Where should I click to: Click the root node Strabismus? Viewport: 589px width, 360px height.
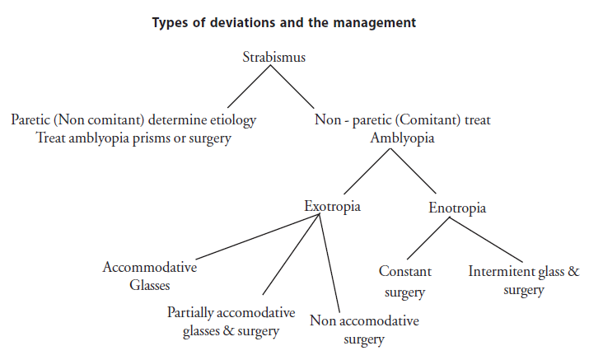click(273, 57)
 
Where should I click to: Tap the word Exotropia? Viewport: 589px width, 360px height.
click(332, 206)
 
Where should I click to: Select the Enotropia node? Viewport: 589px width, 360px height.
click(457, 208)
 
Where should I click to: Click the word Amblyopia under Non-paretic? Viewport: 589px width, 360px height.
click(402, 138)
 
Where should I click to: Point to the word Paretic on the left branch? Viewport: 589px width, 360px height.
click(30, 119)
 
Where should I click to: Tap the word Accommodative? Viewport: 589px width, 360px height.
click(149, 267)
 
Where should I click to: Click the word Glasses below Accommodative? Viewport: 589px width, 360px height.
click(149, 285)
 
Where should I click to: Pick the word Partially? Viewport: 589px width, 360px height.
click(190, 313)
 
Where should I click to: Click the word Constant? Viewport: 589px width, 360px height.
click(405, 271)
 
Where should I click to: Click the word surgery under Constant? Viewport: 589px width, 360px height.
click(404, 292)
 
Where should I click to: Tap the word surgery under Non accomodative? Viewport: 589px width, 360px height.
click(364, 339)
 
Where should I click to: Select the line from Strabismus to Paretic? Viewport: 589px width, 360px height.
click(249, 86)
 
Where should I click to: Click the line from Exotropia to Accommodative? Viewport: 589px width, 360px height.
click(258, 236)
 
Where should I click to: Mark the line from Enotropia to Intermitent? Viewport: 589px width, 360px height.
click(486, 240)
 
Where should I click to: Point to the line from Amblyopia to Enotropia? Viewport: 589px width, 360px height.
click(413, 171)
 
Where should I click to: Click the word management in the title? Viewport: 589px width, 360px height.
click(375, 23)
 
